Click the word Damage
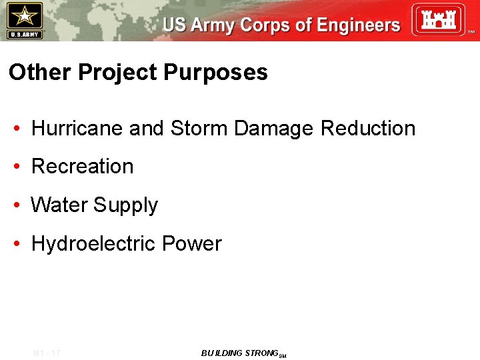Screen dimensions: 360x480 tap(275, 129)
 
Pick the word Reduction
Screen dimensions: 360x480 tap(368, 128)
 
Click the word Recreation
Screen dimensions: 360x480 tap(83, 166)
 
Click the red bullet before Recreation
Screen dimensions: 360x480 tap(15, 167)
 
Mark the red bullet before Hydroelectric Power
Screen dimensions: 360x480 tap(15, 244)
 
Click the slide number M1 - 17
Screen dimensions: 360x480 tap(46, 353)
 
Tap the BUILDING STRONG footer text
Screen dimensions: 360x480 tap(239, 353)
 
